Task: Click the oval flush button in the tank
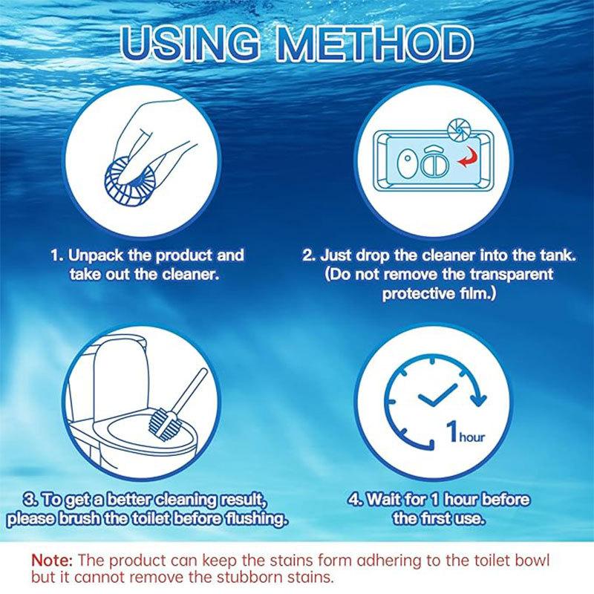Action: (x=405, y=165)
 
